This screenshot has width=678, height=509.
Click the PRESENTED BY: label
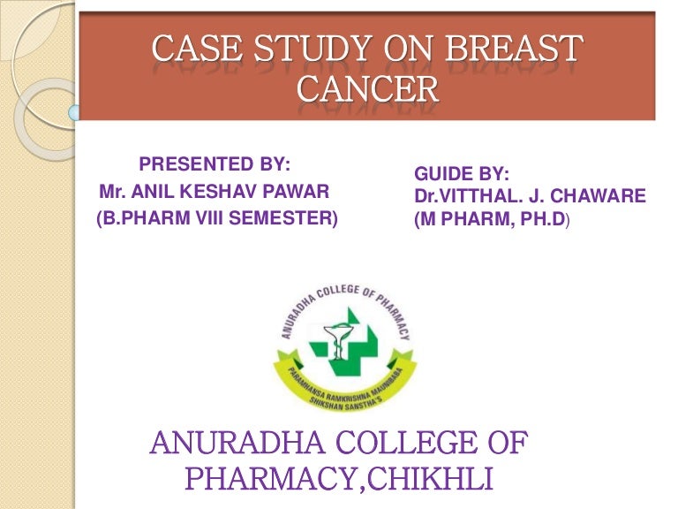coord(215,164)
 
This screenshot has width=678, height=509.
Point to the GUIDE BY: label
coord(462,176)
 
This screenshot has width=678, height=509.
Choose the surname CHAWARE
coord(604,197)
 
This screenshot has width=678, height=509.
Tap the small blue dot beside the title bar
coord(75,112)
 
